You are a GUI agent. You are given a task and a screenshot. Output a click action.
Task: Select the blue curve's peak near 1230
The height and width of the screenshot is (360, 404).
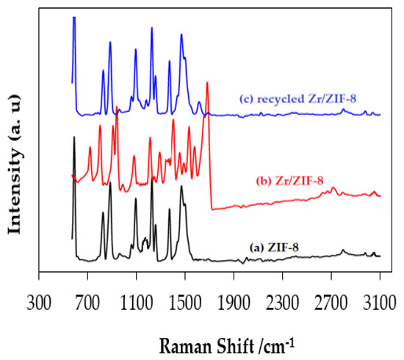(151, 28)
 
